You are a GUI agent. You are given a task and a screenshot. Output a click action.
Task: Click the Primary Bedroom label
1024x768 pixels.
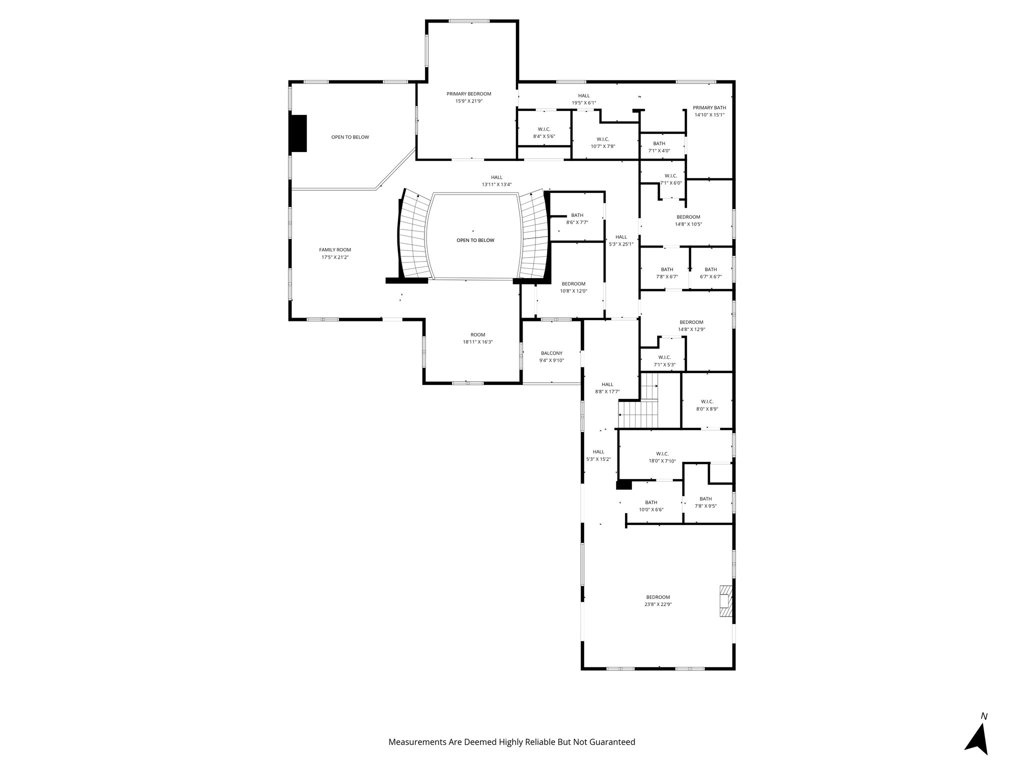(x=468, y=94)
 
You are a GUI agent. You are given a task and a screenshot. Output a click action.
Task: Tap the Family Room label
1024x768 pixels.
(x=335, y=250)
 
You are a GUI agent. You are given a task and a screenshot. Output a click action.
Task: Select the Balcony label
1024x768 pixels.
(x=551, y=353)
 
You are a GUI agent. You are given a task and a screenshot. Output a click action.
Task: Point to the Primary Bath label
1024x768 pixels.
(x=709, y=107)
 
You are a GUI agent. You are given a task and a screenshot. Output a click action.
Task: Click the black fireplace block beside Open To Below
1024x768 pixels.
(x=298, y=133)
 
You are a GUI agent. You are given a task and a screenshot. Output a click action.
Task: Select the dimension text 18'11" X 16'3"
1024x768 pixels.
(x=477, y=342)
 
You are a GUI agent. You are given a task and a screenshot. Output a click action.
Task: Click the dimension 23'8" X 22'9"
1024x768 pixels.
(x=657, y=604)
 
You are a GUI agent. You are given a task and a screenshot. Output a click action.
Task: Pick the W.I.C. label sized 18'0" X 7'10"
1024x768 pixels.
(x=662, y=454)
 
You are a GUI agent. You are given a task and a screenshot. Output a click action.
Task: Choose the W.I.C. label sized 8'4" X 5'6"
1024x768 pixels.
(x=544, y=129)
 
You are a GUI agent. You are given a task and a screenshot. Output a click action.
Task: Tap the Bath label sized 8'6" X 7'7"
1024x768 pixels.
(x=577, y=215)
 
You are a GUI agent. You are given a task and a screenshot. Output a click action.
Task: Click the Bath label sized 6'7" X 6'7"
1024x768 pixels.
(x=710, y=269)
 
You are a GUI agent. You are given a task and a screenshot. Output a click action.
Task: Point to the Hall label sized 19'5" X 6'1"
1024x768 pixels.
(x=583, y=96)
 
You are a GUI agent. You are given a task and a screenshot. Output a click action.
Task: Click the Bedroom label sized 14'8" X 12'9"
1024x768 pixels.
(x=691, y=322)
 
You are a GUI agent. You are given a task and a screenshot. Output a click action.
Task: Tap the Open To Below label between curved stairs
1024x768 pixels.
(x=475, y=240)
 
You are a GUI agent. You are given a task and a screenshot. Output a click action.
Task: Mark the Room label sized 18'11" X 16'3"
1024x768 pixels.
(x=477, y=335)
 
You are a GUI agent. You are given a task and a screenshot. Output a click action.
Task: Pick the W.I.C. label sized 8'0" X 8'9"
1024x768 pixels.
(x=706, y=401)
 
